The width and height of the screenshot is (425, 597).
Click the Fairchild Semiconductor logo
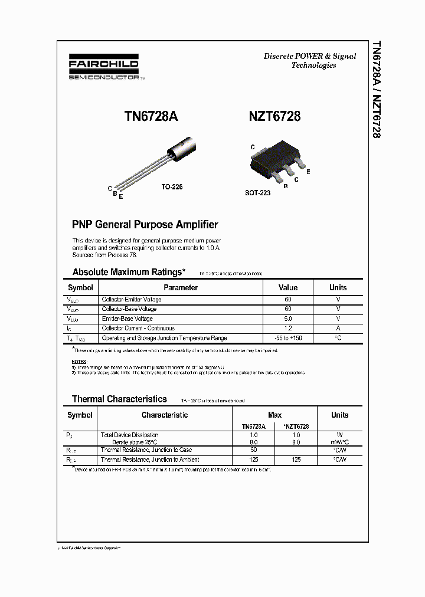[x=104, y=68]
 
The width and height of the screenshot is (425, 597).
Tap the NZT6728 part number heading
[x=274, y=117]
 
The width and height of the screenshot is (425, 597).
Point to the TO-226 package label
[x=172, y=186]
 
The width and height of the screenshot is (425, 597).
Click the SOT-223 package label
[x=257, y=193]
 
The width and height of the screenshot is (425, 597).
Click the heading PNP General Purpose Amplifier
[x=145, y=225]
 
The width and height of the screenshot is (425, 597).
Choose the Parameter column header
[x=181, y=288]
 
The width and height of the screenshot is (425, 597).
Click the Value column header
[x=288, y=288]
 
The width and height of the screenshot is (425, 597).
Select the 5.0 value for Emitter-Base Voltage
[x=288, y=319]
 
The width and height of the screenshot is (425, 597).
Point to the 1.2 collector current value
[x=288, y=328]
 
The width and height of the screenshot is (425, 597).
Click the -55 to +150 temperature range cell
[x=288, y=338]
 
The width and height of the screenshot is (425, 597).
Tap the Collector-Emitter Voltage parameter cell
[x=132, y=300]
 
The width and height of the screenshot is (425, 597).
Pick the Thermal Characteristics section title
[x=119, y=399]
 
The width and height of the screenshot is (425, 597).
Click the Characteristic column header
[x=165, y=415]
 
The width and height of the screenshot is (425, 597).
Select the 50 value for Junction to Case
[x=254, y=450]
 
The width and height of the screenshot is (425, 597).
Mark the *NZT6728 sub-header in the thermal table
[x=296, y=426]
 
